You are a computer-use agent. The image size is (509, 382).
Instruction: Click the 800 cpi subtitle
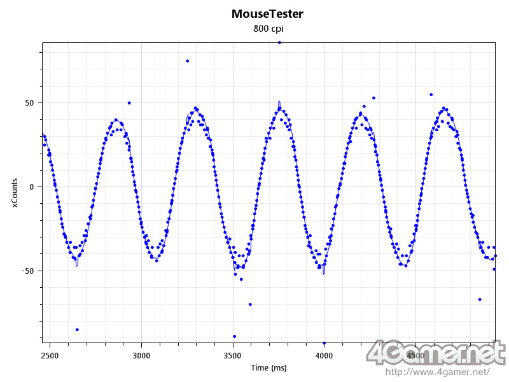point(268,29)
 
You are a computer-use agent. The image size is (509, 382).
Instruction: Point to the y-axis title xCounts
point(16,192)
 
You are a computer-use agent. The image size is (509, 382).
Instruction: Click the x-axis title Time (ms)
point(268,368)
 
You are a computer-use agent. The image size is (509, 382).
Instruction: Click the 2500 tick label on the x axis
point(50,355)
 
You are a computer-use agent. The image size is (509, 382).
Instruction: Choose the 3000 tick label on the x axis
point(141,355)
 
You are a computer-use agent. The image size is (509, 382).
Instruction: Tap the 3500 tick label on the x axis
point(233,355)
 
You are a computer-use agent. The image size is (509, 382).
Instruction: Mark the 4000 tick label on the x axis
point(324,355)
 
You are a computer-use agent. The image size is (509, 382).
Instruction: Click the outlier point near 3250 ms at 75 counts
point(187,61)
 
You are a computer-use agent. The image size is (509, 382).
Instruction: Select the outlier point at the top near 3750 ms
point(279,43)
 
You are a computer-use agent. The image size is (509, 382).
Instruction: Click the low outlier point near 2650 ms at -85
point(77,329)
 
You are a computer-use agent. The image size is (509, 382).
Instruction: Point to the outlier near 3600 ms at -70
point(250,304)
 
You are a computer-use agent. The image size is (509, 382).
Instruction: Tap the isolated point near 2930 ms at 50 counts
point(129,103)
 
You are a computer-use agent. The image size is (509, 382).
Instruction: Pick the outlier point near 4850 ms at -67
point(480,299)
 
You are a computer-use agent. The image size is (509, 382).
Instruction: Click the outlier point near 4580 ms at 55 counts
point(431,94)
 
